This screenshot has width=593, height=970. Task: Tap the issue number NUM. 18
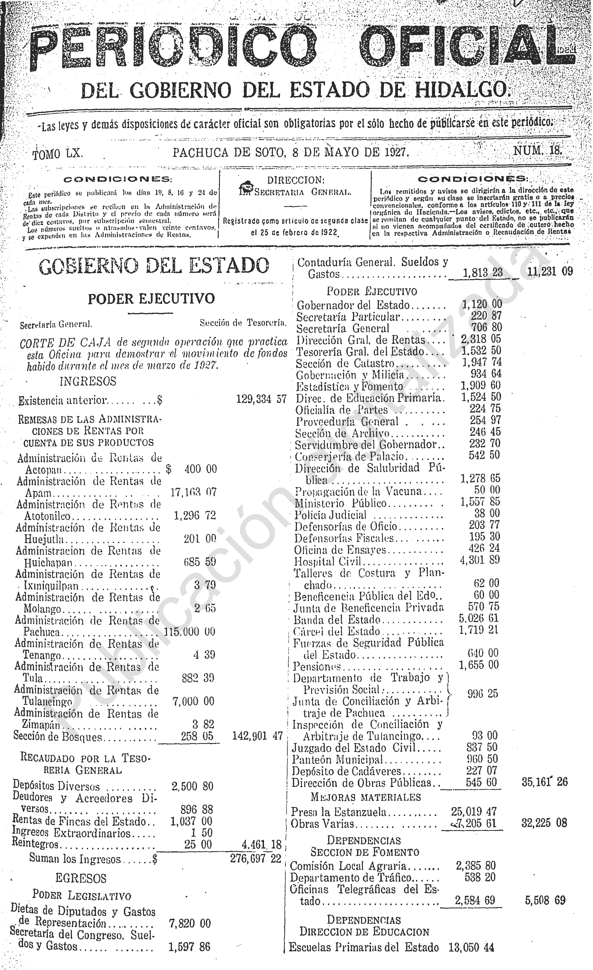(537, 151)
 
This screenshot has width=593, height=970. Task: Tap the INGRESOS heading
(88, 381)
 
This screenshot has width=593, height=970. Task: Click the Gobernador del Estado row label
(353, 305)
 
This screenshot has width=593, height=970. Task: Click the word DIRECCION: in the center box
(296, 180)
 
